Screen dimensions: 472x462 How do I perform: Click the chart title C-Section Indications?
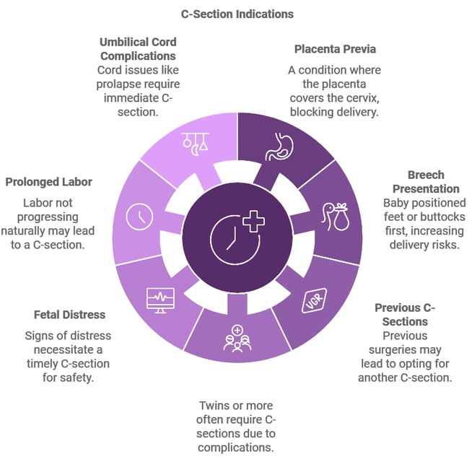(x=237, y=14)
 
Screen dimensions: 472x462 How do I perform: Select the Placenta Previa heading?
(x=335, y=49)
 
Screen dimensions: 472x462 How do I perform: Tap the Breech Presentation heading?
(x=426, y=182)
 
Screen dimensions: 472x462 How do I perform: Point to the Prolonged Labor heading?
(x=49, y=182)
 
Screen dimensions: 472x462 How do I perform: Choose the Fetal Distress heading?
(x=69, y=315)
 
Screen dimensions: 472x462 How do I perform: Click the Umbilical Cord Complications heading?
(x=138, y=49)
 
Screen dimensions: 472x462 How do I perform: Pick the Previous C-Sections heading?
(x=405, y=315)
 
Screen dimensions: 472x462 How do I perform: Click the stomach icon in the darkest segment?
(x=279, y=147)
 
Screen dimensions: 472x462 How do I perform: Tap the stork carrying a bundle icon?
(x=335, y=217)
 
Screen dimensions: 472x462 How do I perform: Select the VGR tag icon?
(x=314, y=300)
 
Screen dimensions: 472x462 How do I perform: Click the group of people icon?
(x=237, y=339)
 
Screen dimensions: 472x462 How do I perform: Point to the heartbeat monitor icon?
(x=160, y=300)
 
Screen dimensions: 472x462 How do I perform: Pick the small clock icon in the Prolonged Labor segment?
(x=139, y=217)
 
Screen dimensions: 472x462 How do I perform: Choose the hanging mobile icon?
(x=196, y=144)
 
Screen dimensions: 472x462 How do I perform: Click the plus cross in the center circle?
(x=254, y=222)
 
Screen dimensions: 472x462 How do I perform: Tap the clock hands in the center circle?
(x=232, y=239)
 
